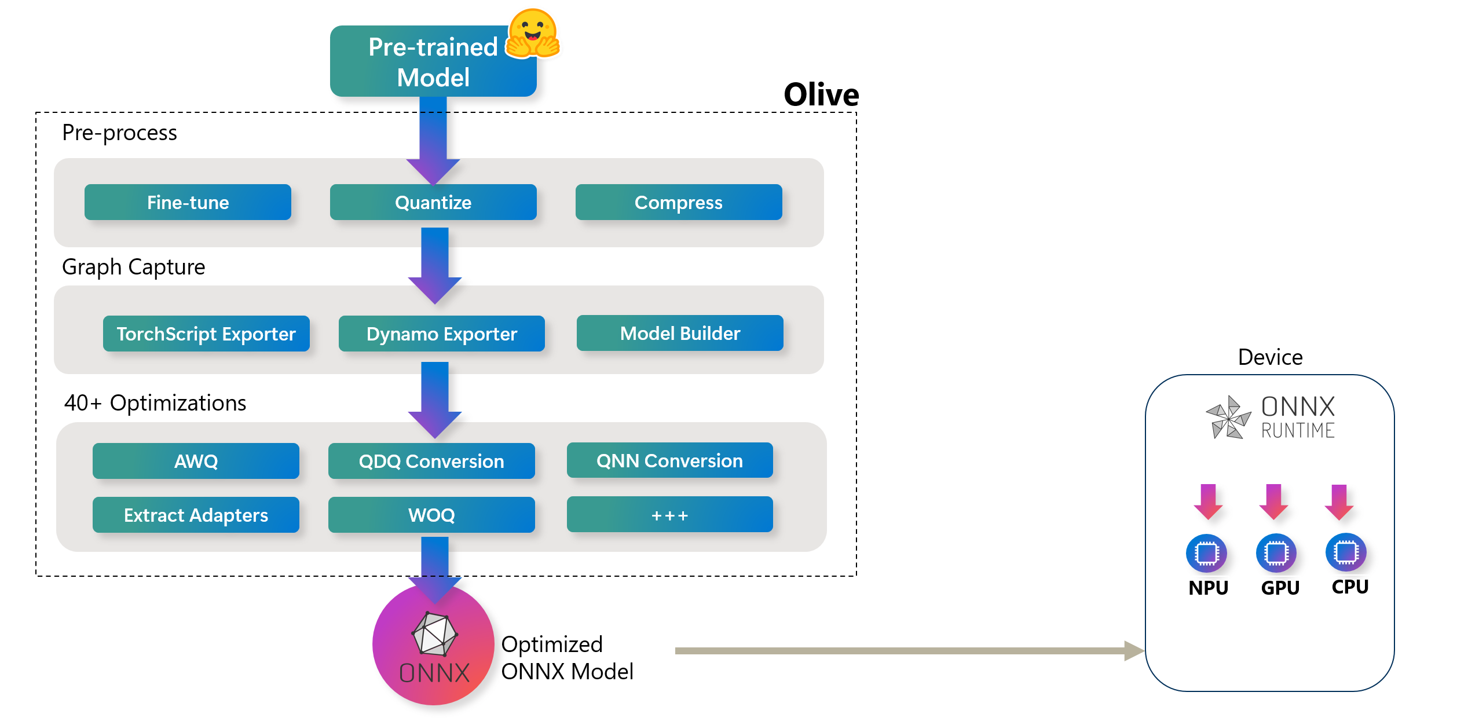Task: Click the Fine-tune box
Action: click(x=188, y=203)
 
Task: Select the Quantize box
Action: click(x=433, y=203)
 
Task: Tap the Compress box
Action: click(x=679, y=203)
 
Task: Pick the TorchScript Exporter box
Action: click(x=206, y=334)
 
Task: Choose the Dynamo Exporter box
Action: click(x=441, y=334)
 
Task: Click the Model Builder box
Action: click(x=680, y=334)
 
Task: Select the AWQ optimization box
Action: click(x=196, y=462)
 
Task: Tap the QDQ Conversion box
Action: click(x=431, y=462)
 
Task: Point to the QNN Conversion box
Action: click(x=669, y=461)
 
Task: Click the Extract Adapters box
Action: click(x=196, y=515)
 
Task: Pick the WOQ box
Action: click(x=431, y=515)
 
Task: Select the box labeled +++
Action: click(x=669, y=515)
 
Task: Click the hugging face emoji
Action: click(x=533, y=34)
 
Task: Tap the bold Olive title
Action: click(x=821, y=94)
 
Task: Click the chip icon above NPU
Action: click(x=1206, y=553)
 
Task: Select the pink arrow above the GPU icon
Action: click(x=1273, y=501)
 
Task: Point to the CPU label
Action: click(x=1350, y=587)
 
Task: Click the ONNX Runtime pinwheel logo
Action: click(x=1228, y=418)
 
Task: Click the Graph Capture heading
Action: click(x=133, y=268)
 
